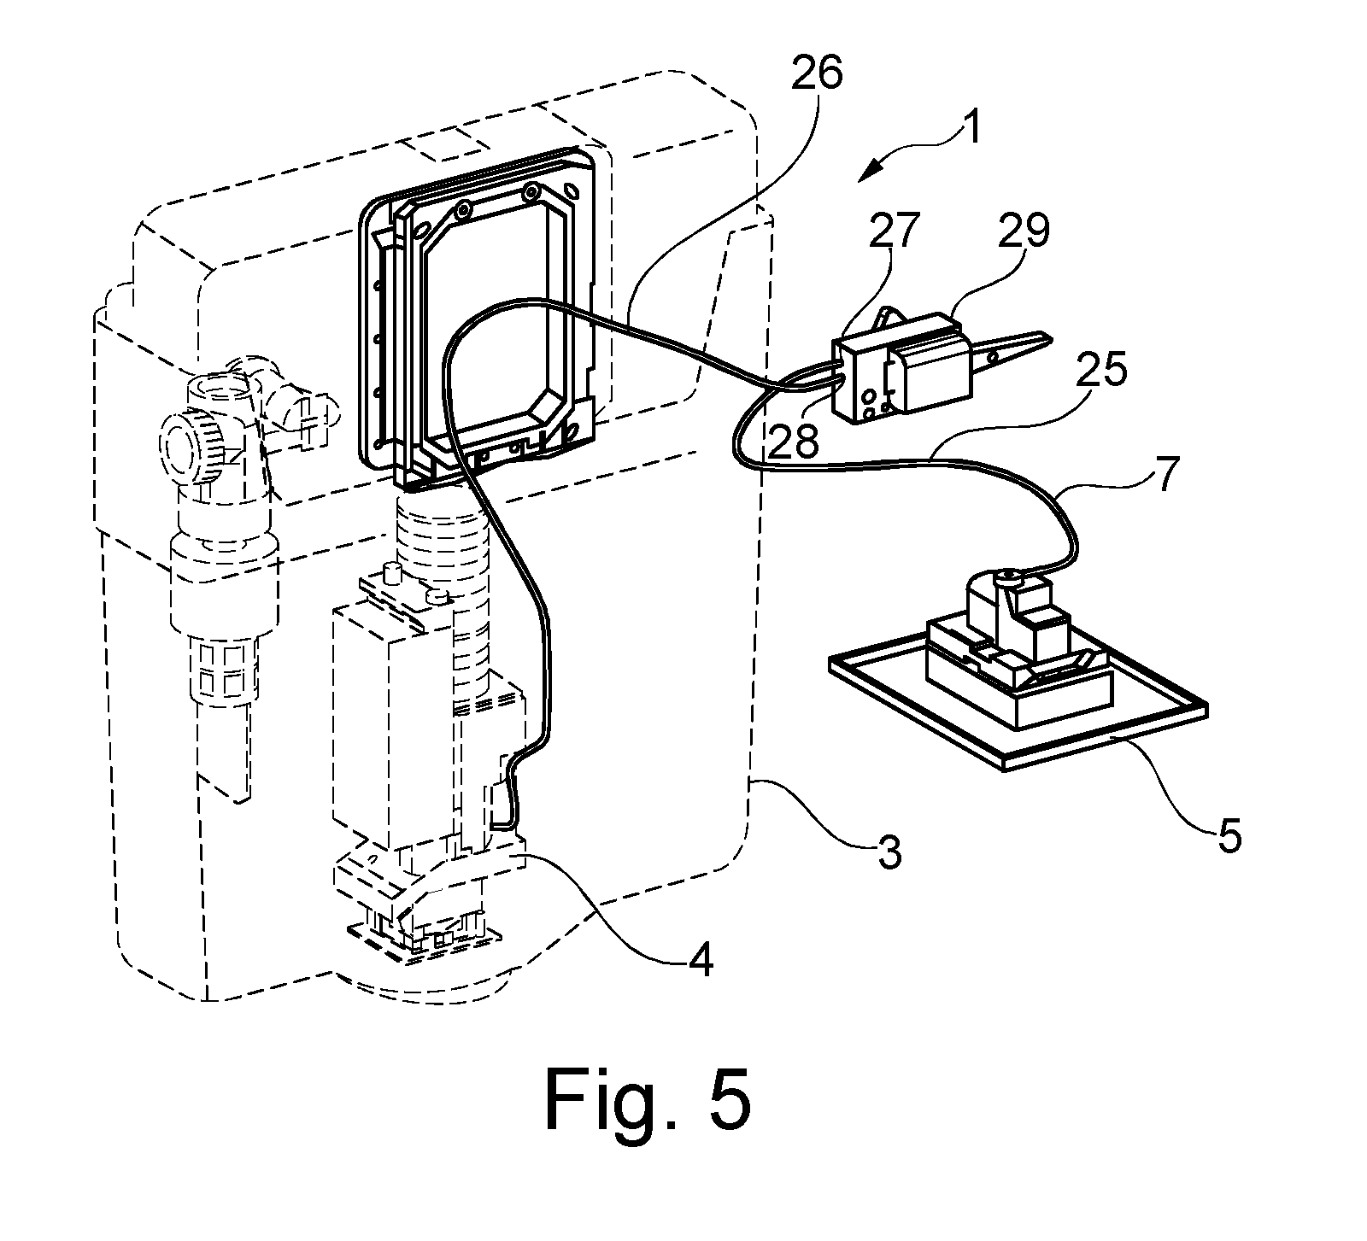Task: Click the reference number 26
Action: [x=816, y=75]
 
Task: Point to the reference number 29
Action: [x=1025, y=231]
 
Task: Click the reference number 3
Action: [x=889, y=852]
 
